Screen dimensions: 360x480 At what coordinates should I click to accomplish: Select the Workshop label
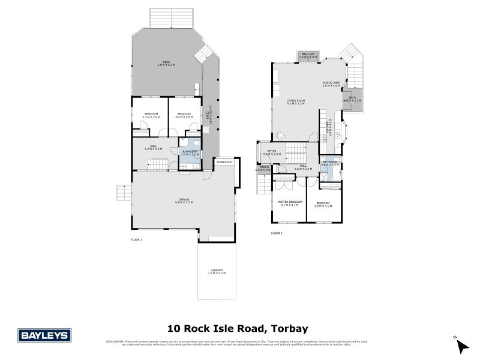pos(224,162)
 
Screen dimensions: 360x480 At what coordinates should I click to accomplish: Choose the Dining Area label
pos(331,84)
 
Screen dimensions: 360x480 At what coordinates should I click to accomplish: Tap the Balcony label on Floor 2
pos(307,56)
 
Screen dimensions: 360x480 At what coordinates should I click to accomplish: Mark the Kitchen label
pos(329,128)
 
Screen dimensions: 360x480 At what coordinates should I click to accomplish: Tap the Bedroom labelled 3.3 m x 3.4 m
pos(151,115)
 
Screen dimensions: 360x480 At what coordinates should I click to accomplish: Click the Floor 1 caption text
pos(136,239)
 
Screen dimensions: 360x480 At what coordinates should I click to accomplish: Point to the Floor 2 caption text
pos(277,233)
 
